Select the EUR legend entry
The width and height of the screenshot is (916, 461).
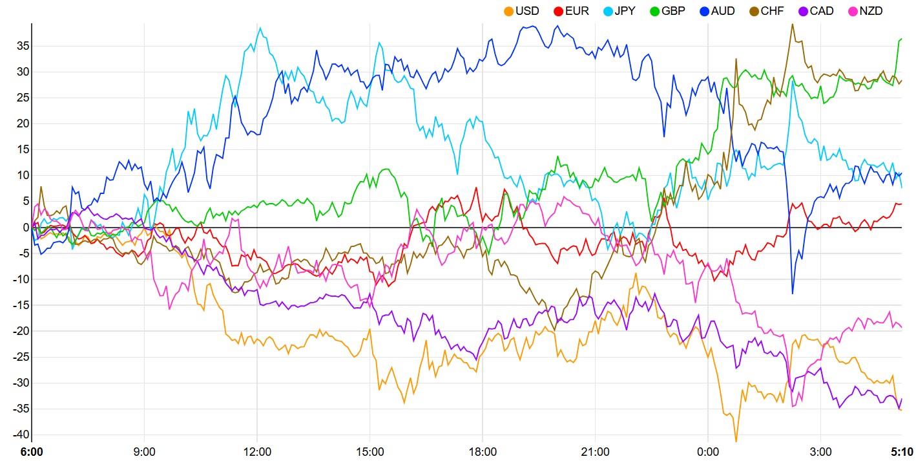tap(571, 11)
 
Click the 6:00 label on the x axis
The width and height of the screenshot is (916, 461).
tap(31, 451)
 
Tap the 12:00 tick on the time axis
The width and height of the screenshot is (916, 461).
tap(256, 451)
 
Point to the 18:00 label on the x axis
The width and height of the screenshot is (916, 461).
tap(483, 451)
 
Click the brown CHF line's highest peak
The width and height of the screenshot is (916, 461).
tap(793, 24)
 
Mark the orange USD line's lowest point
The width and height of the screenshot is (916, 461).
tap(736, 442)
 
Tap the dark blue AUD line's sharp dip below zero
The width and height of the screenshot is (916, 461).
tap(793, 294)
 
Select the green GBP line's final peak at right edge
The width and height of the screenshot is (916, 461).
tap(901, 39)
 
